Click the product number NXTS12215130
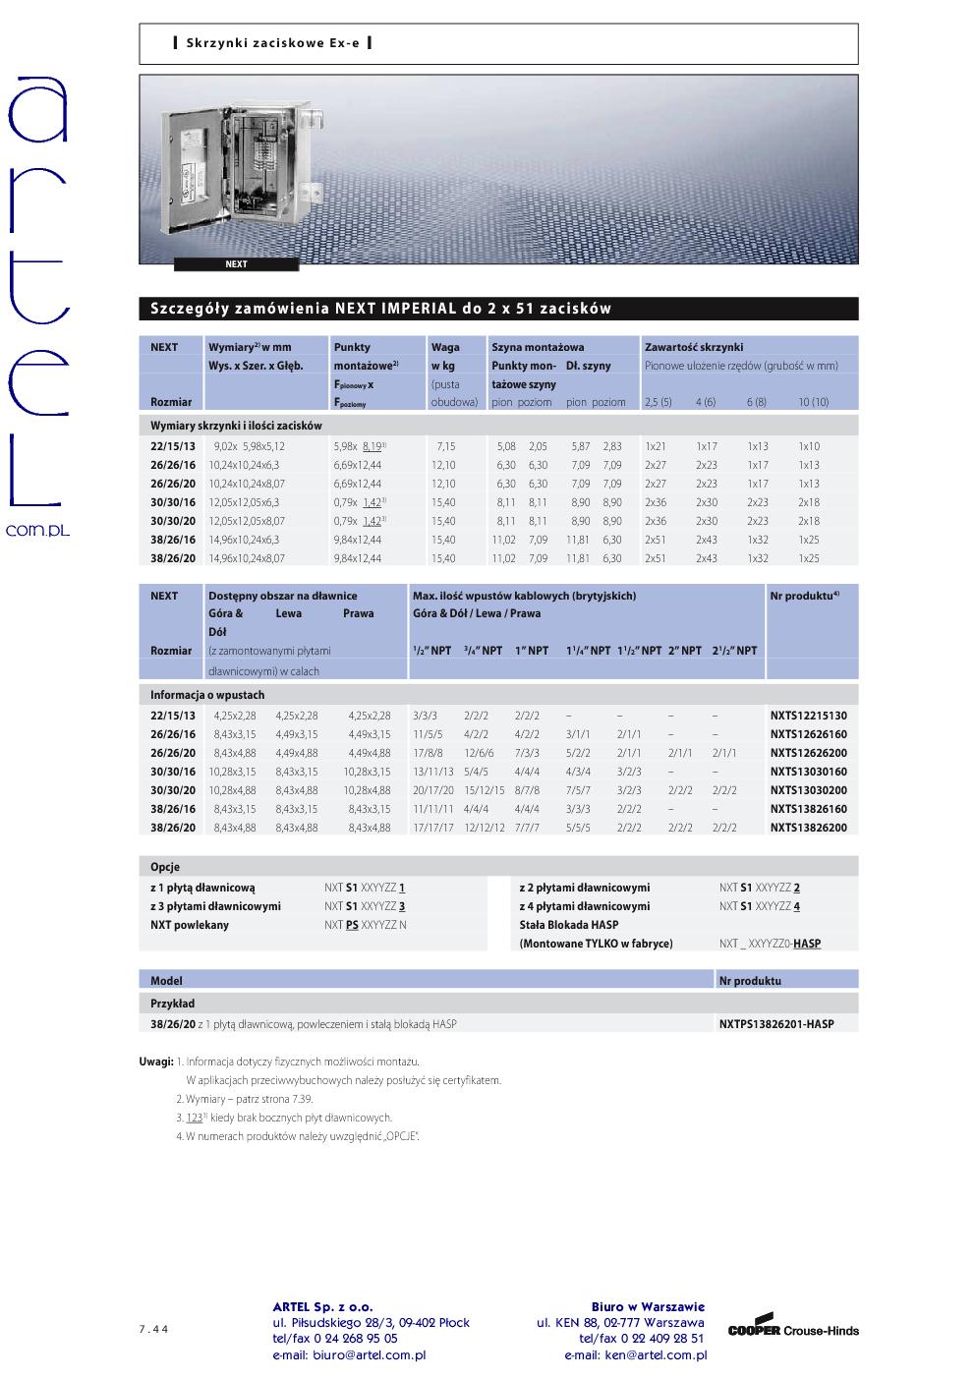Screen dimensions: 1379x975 [x=808, y=716]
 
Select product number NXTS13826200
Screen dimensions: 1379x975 [x=808, y=828]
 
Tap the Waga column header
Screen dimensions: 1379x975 [x=445, y=347]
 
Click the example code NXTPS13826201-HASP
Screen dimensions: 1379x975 [x=775, y=1024]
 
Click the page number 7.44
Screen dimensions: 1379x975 [x=153, y=1329]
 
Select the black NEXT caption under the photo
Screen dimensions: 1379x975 [x=236, y=264]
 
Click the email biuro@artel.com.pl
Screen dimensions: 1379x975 [x=349, y=1354]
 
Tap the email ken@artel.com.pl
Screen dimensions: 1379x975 [x=635, y=1354]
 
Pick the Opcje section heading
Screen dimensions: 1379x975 [x=165, y=868]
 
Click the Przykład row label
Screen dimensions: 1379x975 [x=172, y=1004]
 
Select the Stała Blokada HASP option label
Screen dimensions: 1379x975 [x=569, y=925]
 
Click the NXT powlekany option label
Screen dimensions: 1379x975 [x=190, y=925]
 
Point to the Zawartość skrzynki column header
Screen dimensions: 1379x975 [x=694, y=347]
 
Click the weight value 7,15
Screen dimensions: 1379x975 [x=445, y=446]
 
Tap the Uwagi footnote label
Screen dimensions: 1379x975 [x=156, y=1062]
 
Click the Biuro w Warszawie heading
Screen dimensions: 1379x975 [x=648, y=1307]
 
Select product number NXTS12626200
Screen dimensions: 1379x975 [x=808, y=753]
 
